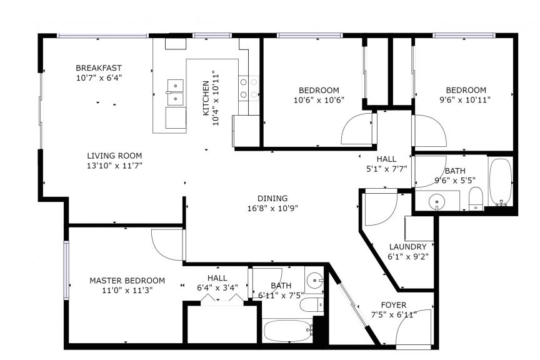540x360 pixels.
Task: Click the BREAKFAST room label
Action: (99, 68)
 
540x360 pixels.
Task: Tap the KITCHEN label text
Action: (206, 98)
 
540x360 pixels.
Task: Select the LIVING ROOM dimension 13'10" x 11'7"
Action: (114, 166)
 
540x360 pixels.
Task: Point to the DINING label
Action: (272, 198)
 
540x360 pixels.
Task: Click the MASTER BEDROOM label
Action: (127, 281)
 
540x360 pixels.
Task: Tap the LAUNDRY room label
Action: (407, 247)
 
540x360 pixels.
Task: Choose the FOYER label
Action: (394, 305)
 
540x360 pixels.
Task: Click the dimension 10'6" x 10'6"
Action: (319, 100)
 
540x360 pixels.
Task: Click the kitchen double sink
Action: (175, 92)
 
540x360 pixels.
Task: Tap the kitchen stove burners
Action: (249, 88)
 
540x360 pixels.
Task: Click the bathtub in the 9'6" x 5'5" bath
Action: (501, 182)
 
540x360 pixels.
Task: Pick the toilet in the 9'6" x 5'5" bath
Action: (476, 198)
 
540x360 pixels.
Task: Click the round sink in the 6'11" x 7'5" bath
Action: (315, 280)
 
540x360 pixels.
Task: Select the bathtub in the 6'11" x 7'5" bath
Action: (288, 331)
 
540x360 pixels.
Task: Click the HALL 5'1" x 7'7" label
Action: (386, 164)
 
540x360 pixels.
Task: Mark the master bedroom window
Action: (66, 270)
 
